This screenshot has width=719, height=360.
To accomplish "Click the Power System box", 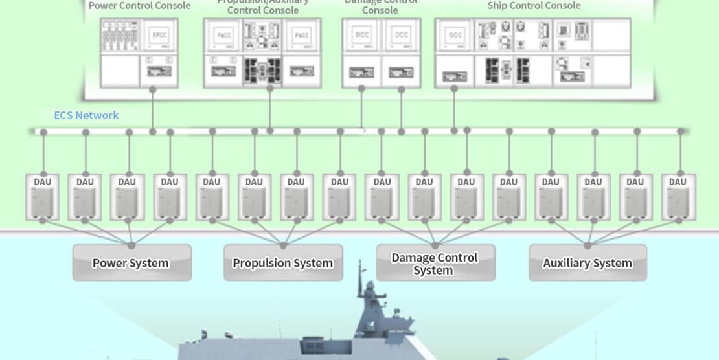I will click(x=131, y=263).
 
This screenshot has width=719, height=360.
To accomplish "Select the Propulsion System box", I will click(x=282, y=263).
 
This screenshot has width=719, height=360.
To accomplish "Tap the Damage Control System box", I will click(x=435, y=263).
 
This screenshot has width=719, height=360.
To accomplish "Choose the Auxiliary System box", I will click(x=588, y=263).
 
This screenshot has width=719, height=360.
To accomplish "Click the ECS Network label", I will click(x=87, y=115).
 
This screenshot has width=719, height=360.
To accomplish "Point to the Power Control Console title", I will click(x=140, y=6).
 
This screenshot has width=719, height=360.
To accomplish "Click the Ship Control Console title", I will click(x=534, y=6).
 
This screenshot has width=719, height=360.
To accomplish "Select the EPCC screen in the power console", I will click(x=159, y=35).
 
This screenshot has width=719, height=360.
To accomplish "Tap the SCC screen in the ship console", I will click(x=455, y=35).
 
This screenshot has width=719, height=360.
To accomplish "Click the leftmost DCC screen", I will click(x=362, y=35).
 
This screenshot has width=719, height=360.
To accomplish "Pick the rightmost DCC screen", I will click(x=402, y=35).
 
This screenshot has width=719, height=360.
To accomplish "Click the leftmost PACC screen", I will click(x=224, y=35).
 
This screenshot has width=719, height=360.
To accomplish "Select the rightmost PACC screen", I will click(x=301, y=35).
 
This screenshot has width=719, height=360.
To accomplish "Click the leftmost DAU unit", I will click(x=43, y=197).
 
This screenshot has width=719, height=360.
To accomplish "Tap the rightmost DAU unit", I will click(x=678, y=197).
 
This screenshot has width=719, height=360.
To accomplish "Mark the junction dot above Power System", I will click(x=131, y=245).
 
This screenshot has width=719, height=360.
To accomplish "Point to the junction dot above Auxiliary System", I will click(x=588, y=245).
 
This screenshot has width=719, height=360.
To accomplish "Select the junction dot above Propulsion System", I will click(x=283, y=245).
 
